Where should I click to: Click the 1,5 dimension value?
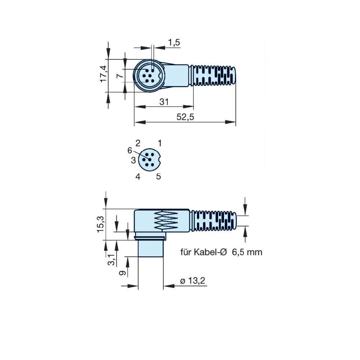pyautogui.click(x=174, y=42)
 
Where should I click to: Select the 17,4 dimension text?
pyautogui.click(x=103, y=73)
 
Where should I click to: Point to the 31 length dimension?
pyautogui.click(x=164, y=102)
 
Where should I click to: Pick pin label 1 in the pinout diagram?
pyautogui.click(x=160, y=143)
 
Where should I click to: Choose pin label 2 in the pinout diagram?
pyautogui.click(x=138, y=143)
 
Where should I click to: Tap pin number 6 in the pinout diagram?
pyautogui.click(x=130, y=150)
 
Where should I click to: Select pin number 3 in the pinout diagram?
pyautogui.click(x=133, y=160)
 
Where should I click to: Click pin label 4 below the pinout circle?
pyautogui.click(x=138, y=176)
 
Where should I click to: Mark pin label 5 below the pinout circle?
pyautogui.click(x=158, y=176)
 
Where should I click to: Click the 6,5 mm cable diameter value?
pyautogui.click(x=247, y=252)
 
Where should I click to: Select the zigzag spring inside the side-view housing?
pyautogui.click(x=166, y=220)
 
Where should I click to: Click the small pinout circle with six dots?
pyautogui.click(x=150, y=159)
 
